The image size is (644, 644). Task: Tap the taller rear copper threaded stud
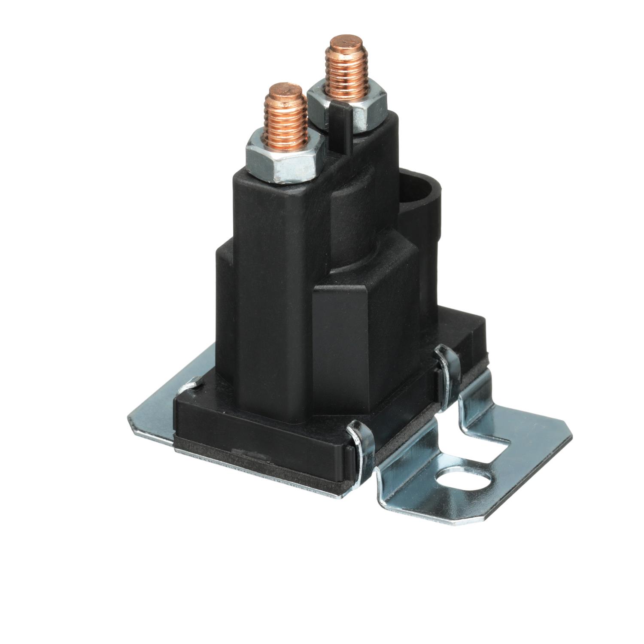tap(347, 71)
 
